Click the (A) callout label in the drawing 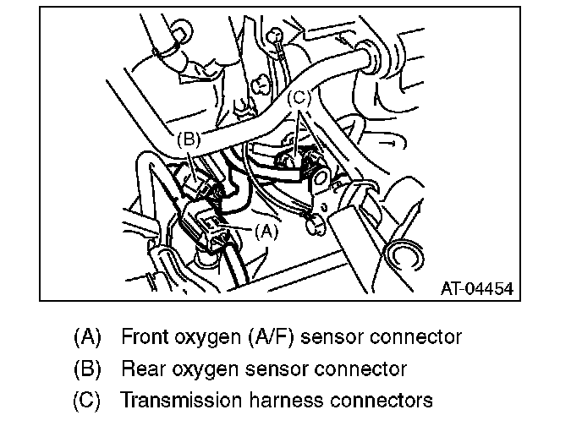266,229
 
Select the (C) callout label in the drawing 300,99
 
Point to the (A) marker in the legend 88,337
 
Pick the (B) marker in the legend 88,369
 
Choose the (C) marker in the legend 88,400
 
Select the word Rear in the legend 140,369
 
